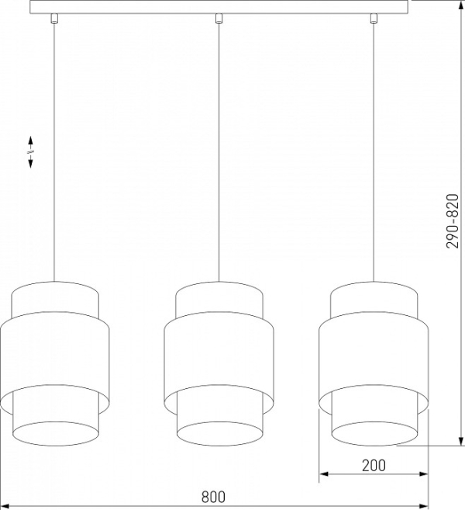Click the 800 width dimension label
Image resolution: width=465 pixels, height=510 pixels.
coord(213,497)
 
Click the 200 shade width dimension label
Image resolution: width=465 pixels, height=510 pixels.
coord(374,466)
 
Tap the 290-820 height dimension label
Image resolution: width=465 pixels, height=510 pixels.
coord(452,221)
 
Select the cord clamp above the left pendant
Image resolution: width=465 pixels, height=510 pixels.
coord(54,19)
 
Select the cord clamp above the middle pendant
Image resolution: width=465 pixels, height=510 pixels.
coord(219,19)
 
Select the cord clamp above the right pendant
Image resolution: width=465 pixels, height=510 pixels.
coord(374,19)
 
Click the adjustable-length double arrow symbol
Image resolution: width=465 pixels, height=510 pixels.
coord(30,152)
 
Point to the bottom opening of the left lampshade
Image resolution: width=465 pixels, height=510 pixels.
coord(56,434)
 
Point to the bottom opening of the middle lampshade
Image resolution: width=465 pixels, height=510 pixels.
coord(220,434)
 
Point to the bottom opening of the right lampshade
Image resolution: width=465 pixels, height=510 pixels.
coord(375,434)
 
